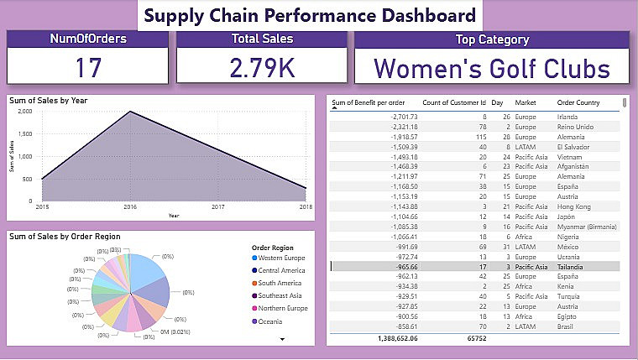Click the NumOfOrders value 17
(88, 67)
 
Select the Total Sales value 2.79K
(262, 67)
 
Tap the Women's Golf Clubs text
(491, 67)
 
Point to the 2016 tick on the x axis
(129, 206)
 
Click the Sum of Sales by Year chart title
(48, 101)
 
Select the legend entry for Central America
(283, 271)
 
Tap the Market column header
(526, 103)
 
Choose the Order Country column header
(578, 103)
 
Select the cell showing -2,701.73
(390, 117)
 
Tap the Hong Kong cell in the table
(574, 206)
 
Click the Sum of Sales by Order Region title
(64, 237)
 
